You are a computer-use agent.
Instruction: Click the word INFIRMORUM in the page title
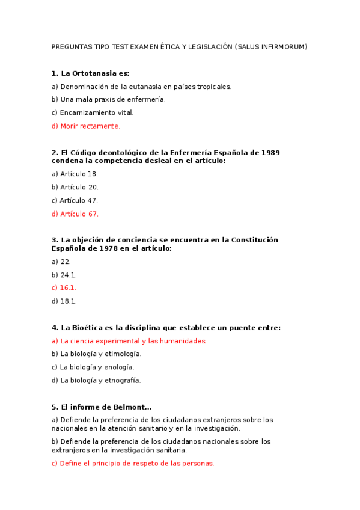pyautogui.click(x=283, y=47)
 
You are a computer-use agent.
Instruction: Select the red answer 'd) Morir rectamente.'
pyautogui.click(x=86, y=126)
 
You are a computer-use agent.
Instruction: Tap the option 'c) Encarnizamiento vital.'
pyautogui.click(x=93, y=113)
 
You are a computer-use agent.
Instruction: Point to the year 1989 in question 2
pyautogui.click(x=270, y=153)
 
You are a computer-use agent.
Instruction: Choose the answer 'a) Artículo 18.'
pyautogui.click(x=75, y=174)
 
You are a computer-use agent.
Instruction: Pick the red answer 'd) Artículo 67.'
pyautogui.click(x=75, y=214)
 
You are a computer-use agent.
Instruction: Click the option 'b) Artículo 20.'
pyautogui.click(x=75, y=188)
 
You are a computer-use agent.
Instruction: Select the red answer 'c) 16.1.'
pyautogui.click(x=64, y=288)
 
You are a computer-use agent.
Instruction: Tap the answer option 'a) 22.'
pyautogui.click(x=61, y=262)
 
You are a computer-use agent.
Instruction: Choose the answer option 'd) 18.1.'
pyautogui.click(x=64, y=301)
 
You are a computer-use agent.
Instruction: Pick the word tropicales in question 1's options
pyautogui.click(x=213, y=87)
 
